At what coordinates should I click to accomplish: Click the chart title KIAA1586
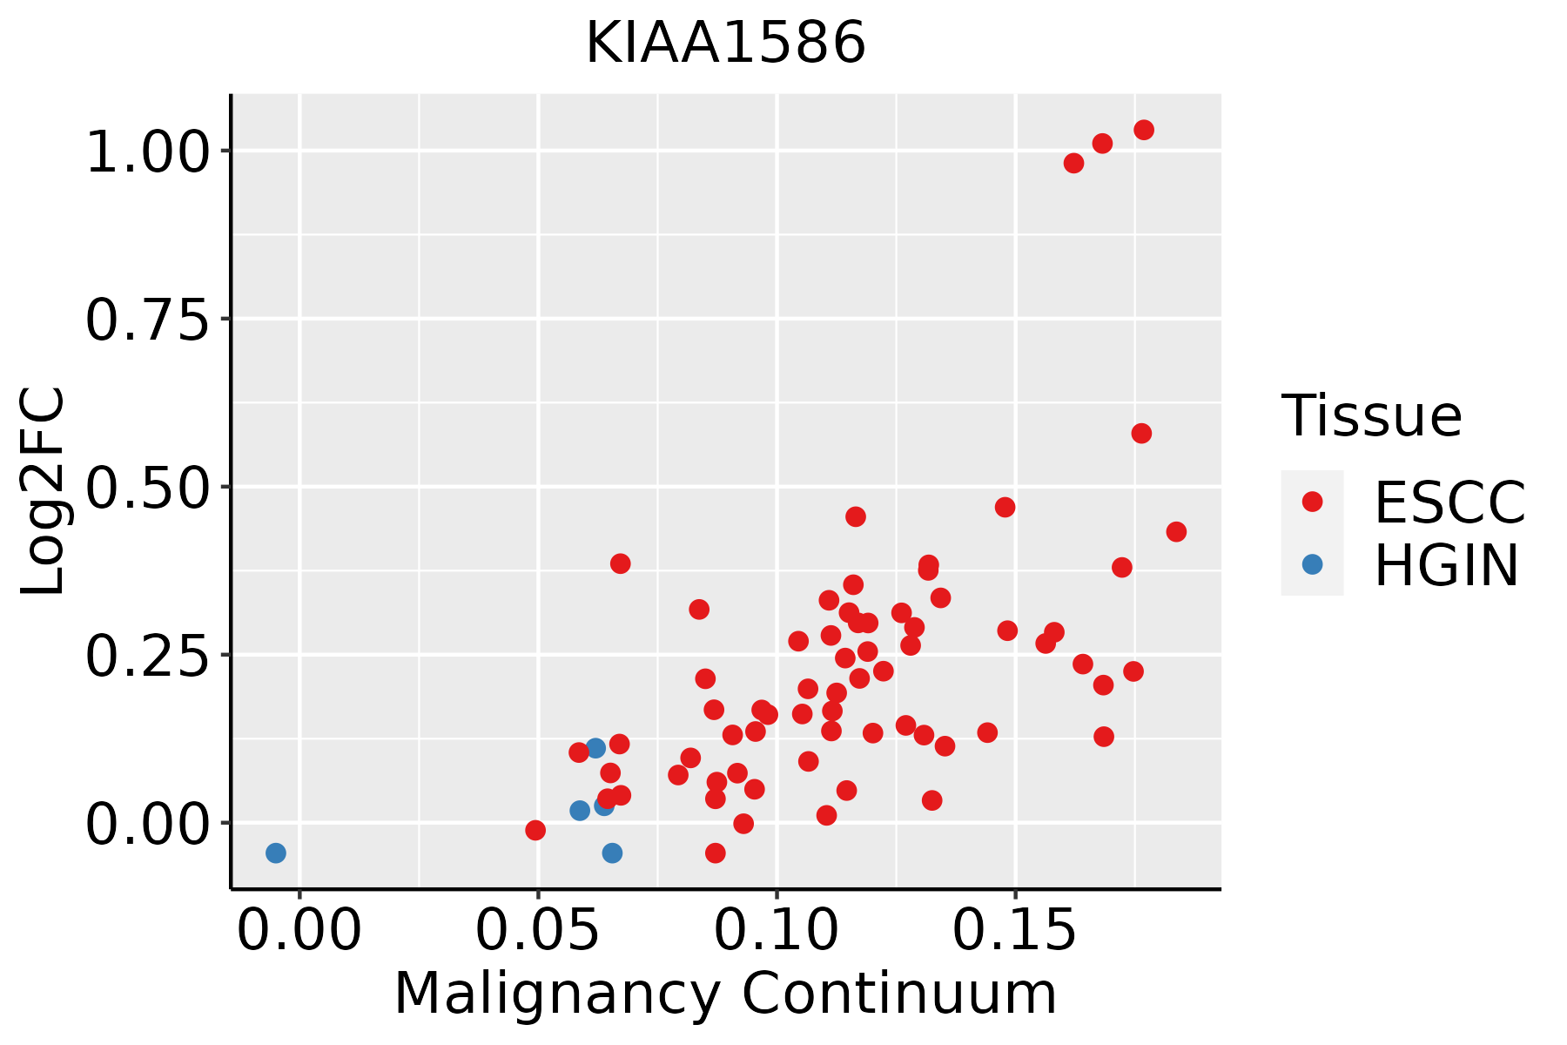tap(725, 43)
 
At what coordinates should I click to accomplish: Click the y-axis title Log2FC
tap(44, 491)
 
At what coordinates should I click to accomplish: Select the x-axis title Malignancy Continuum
tap(725, 994)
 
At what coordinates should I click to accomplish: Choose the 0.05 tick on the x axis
tap(538, 931)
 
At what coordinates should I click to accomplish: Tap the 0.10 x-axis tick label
tap(777, 931)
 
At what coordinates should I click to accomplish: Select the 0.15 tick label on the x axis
tap(1015, 931)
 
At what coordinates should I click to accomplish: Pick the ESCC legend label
tap(1449, 502)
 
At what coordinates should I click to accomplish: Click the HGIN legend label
tap(1446, 565)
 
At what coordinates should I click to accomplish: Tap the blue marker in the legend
tap(1312, 564)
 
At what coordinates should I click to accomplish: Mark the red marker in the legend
tap(1312, 502)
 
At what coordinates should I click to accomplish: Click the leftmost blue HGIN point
tap(276, 853)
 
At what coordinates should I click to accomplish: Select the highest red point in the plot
tap(1144, 130)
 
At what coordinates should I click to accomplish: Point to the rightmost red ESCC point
tap(1176, 531)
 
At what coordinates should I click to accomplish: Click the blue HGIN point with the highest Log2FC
tap(595, 748)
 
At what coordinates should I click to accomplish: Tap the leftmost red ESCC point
tap(535, 830)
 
